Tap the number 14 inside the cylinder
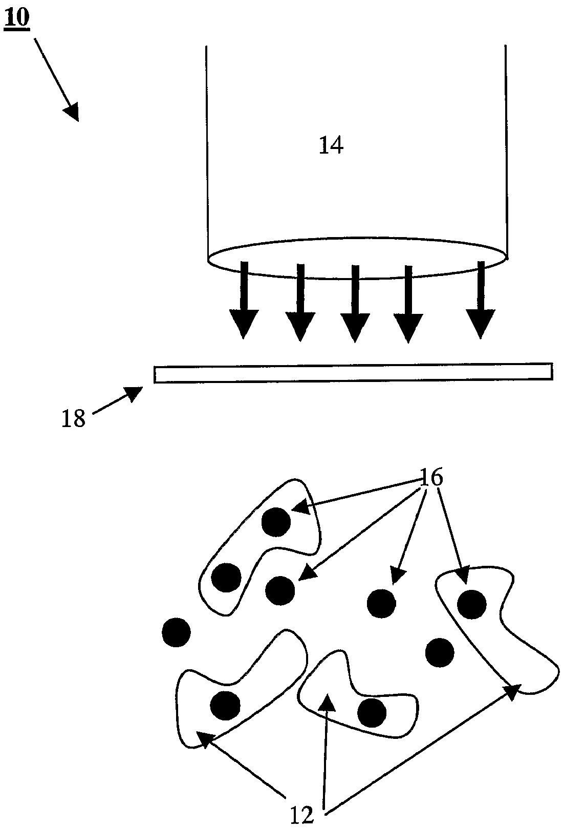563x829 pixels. coord(331,146)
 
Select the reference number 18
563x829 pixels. coord(73,418)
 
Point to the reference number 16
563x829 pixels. coord(430,478)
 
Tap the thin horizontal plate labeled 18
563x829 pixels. coord(353,373)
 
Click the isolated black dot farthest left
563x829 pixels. coord(176,632)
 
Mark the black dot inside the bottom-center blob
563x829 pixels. coord(372,712)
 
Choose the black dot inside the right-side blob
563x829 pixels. coord(471,604)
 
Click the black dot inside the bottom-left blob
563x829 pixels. coord(225,705)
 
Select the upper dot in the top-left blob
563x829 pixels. coord(276,522)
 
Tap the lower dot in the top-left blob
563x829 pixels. coord(226,577)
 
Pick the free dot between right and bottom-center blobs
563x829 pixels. coord(440,652)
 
